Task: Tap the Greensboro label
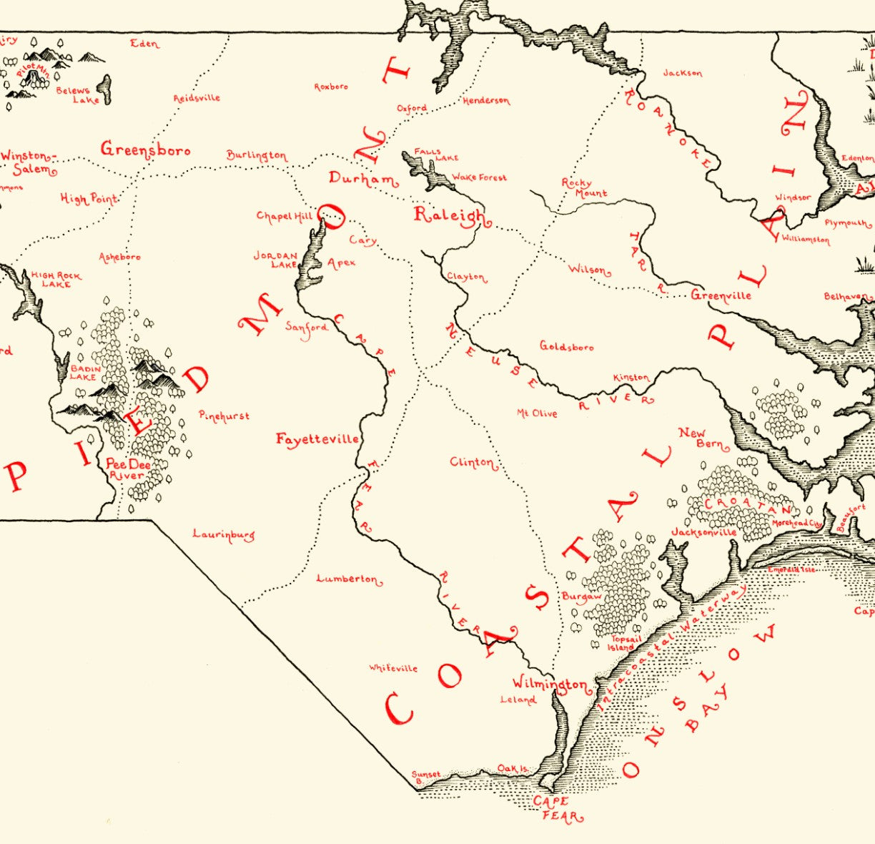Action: point(145,149)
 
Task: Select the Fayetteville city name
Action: point(317,439)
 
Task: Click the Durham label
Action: point(363,179)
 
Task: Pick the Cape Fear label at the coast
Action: point(555,808)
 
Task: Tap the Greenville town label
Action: point(721,295)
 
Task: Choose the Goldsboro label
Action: point(566,347)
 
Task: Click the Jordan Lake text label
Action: point(275,260)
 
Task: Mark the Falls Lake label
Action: point(436,154)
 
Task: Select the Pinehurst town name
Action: point(224,416)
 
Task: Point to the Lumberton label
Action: point(348,579)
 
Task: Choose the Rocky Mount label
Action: point(583,187)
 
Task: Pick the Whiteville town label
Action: point(393,668)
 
